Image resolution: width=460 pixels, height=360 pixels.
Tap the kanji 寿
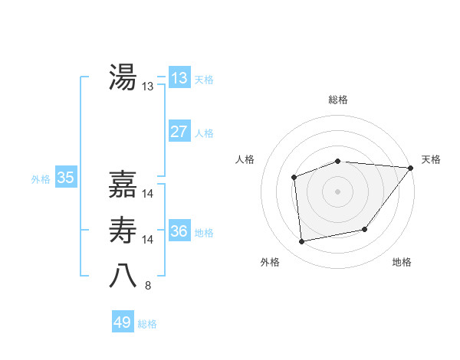[123, 231]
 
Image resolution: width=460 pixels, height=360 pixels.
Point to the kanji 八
[123, 275]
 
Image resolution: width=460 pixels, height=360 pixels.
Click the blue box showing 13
[179, 78]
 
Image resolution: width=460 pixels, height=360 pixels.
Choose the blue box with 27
[179, 132]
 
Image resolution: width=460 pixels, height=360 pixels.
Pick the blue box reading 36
[179, 231]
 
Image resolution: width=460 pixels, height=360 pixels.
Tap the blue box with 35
[66, 178]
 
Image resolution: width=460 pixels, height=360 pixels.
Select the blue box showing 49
[123, 322]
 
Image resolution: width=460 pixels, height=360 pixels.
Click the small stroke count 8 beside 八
[148, 286]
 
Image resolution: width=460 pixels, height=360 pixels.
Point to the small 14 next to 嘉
[148, 195]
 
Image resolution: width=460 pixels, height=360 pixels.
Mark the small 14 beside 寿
[148, 241]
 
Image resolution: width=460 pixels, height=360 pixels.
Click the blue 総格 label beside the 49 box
[147, 324]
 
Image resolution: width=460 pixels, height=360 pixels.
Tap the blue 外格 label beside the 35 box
[41, 179]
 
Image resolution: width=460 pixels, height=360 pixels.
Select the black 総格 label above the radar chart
[337, 100]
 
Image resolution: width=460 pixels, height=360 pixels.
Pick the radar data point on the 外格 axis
[302, 241]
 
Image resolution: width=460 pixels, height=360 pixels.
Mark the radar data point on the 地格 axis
[365, 229]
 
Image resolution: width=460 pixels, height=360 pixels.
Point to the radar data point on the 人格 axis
[294, 177]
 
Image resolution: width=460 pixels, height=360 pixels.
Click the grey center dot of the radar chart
[337, 191]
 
